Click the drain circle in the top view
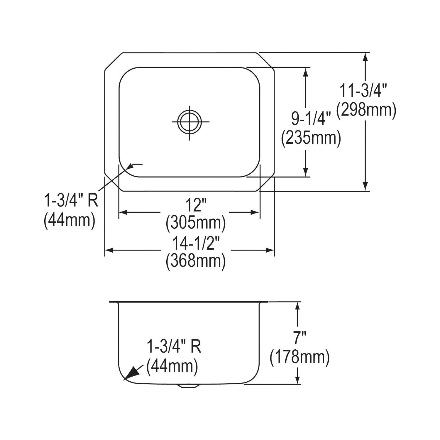coord(190,121)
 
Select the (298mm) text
coord(366,111)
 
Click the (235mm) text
coord(311,138)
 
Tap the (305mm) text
coord(196,223)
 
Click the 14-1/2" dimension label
coord(196,244)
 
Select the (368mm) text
coord(196,261)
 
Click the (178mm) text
coord(300,357)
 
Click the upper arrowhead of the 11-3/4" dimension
coord(365,57)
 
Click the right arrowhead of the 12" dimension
coord(255,212)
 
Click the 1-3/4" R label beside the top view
coord(71,201)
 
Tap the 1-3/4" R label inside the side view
coord(174,346)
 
